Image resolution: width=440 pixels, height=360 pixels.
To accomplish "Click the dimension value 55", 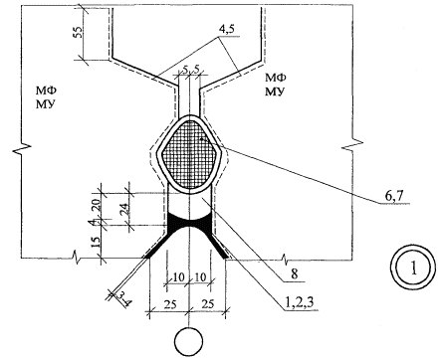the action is [x=79, y=31].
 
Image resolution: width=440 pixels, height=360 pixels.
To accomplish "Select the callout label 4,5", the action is [x=226, y=29].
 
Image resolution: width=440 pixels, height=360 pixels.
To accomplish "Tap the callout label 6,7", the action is [x=393, y=196].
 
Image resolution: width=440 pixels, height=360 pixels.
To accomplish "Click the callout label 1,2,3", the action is [x=300, y=302].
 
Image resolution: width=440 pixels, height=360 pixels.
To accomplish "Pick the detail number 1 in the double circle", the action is [x=413, y=268].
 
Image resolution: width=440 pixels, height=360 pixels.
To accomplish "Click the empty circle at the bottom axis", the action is [x=189, y=342].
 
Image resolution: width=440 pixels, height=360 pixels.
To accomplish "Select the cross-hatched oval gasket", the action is [x=189, y=155].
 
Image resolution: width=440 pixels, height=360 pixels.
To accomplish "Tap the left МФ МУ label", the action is [x=45, y=96].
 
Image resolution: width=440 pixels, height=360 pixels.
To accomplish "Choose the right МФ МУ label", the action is [x=275, y=85].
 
